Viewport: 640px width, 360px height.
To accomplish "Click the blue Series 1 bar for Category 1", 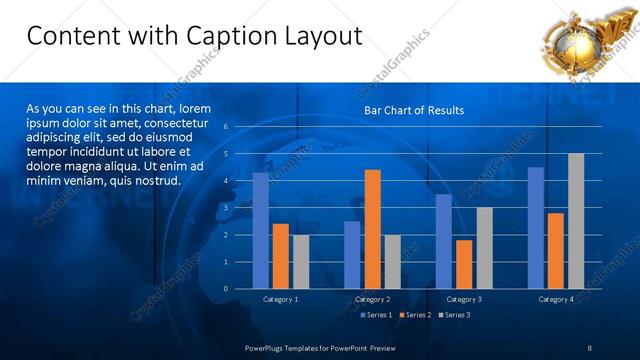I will [x=260, y=231].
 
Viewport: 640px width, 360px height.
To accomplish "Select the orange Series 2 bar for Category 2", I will [x=371, y=229].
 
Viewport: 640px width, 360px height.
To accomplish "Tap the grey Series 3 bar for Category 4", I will [x=575, y=221].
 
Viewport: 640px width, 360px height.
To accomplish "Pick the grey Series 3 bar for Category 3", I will [x=483, y=248].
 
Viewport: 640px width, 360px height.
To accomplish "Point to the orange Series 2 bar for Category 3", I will [x=464, y=264].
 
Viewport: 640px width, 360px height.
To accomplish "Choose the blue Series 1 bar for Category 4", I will [x=536, y=228].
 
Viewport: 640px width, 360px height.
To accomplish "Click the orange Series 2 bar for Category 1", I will [x=280, y=256].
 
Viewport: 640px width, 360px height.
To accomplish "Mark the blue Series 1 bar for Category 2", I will [x=352, y=255].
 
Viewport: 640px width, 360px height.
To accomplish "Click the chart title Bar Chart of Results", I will [x=413, y=110].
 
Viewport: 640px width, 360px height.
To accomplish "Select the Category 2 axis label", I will [x=372, y=299].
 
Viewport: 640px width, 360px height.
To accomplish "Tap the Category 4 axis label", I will [x=556, y=299].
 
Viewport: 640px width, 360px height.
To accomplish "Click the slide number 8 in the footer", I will [x=590, y=346].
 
